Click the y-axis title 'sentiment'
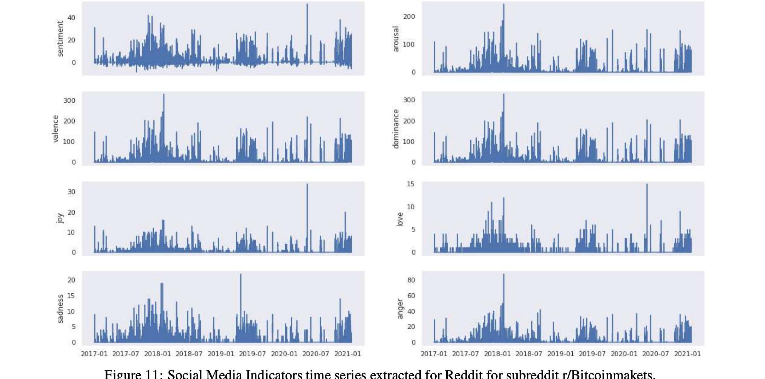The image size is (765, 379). click(x=60, y=38)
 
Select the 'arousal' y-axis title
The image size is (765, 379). click(x=396, y=39)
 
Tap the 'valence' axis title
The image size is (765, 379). click(x=55, y=129)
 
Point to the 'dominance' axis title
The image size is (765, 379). click(x=396, y=129)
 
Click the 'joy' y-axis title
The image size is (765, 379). click(x=60, y=218)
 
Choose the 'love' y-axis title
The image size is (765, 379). click(x=400, y=219)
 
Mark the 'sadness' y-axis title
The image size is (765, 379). click(x=60, y=309)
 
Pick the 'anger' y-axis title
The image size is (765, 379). click(x=400, y=309)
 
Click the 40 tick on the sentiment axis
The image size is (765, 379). click(x=72, y=18)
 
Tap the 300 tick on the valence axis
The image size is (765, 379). click(x=69, y=101)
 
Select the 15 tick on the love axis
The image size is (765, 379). click(x=410, y=184)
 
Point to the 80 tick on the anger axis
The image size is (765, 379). click(x=411, y=280)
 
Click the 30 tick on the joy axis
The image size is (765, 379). click(x=72, y=192)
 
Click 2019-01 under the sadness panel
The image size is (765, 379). click(x=221, y=354)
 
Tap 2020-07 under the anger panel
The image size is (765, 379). click(x=655, y=354)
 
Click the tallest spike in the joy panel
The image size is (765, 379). click(x=307, y=185)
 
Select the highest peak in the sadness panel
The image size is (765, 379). click(x=241, y=275)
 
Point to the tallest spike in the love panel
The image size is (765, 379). click(x=647, y=185)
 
